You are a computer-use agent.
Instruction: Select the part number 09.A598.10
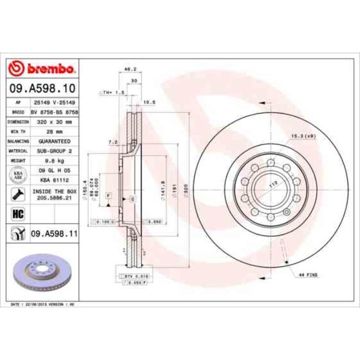click(x=43, y=88)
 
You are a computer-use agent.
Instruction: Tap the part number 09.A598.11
click(x=54, y=235)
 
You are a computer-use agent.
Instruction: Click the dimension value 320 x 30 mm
click(x=54, y=121)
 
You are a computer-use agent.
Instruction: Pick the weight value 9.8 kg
click(x=54, y=160)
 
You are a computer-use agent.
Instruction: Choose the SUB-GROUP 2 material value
click(x=54, y=150)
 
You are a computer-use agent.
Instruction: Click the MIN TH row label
click(x=18, y=131)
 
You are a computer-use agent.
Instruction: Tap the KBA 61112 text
click(x=54, y=180)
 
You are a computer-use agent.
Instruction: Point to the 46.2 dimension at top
click(x=130, y=69)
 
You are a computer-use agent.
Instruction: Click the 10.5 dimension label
click(x=148, y=102)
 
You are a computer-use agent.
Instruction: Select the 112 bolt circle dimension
click(x=273, y=183)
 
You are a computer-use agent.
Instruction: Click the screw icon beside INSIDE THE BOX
click(x=18, y=194)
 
